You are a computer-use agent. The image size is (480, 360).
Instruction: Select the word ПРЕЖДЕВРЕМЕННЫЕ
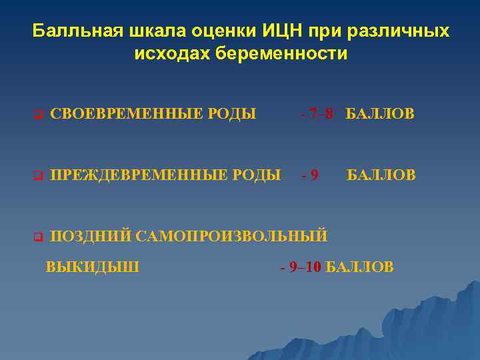click(134, 175)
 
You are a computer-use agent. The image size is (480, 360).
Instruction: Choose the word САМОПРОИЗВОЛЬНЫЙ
click(231, 235)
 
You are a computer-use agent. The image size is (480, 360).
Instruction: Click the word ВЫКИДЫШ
click(93, 267)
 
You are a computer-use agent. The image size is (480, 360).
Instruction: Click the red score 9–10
click(306, 267)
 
